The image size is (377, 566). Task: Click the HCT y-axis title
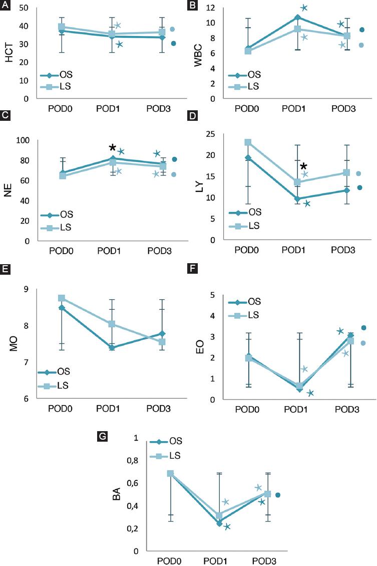coord(9,53)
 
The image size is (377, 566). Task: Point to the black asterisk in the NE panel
coord(113,147)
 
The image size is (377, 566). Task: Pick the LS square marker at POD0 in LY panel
coord(247,142)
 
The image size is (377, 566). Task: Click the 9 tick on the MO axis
coord(26,289)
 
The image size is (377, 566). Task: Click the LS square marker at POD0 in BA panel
coord(170,473)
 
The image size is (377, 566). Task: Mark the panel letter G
coord(102,436)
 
